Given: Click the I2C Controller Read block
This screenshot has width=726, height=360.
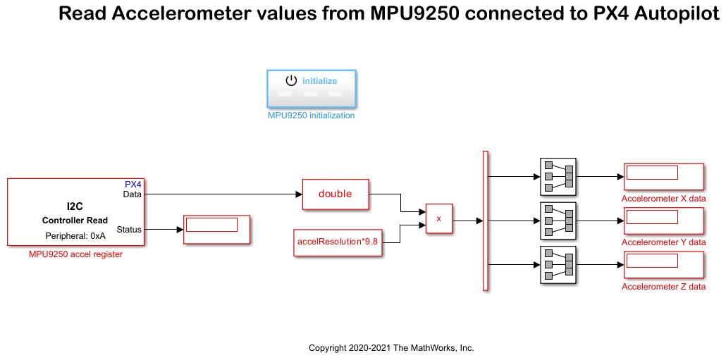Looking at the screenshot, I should point(75,211).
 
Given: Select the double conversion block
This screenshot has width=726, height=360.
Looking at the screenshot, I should point(336,194).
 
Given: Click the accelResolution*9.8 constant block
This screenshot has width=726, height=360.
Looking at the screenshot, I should point(338,241).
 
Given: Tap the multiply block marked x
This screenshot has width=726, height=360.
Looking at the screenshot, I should point(438,218).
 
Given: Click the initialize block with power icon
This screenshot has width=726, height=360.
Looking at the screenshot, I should point(311,87).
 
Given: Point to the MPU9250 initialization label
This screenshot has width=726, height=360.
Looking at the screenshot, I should point(311,116).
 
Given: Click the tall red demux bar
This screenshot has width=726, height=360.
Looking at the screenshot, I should point(485,220).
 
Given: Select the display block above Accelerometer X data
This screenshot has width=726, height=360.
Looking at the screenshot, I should point(663,176).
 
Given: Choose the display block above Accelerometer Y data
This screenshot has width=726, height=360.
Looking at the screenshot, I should point(663,220).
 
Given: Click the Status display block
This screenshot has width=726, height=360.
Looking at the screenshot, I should point(217,229).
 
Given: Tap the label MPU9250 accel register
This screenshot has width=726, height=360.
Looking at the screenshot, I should point(75,254).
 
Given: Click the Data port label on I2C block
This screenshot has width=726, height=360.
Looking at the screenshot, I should point(132,194).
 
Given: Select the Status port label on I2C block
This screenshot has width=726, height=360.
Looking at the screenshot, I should point(129,229).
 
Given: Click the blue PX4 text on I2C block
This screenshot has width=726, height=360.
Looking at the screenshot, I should point(133,185).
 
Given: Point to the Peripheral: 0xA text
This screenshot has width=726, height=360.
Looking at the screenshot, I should point(75,236).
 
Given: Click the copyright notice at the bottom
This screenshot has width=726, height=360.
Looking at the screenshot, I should point(391,348).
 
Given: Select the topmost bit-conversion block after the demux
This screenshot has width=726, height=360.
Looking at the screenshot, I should point(558,176).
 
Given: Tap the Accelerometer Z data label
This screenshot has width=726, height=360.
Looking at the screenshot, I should point(663,287).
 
